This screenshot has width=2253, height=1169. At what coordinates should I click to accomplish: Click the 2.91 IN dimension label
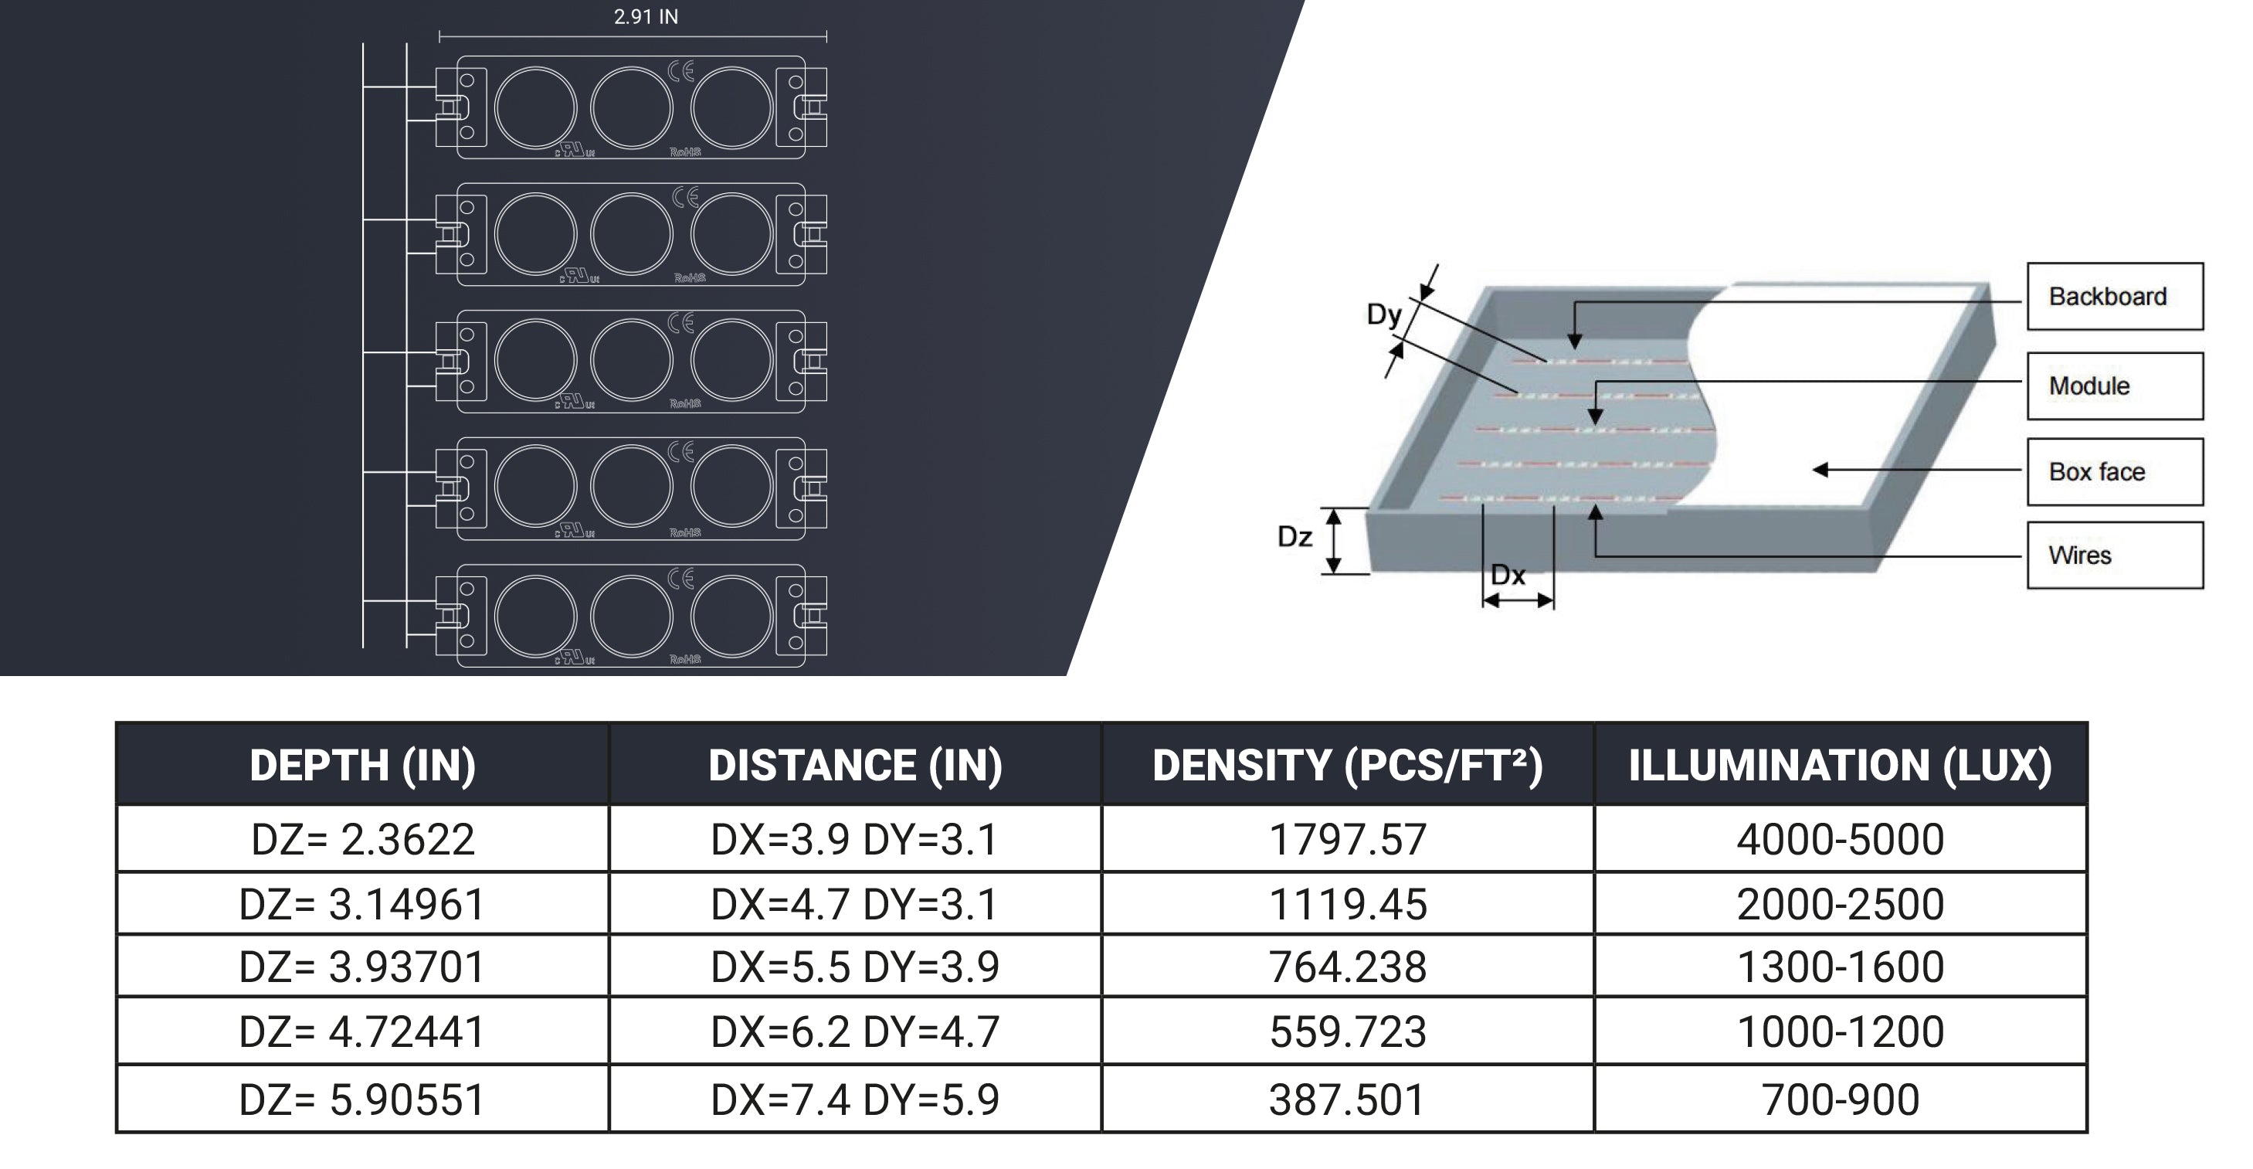point(646,17)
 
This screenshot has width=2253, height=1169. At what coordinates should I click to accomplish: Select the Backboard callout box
point(2115,296)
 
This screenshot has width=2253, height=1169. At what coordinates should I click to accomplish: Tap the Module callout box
point(2115,386)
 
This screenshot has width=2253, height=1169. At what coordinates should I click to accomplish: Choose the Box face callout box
point(2115,471)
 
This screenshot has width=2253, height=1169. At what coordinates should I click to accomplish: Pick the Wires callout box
point(2115,555)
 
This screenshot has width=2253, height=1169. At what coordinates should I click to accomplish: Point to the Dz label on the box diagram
point(1294,536)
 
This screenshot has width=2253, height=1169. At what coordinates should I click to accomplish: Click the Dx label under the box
point(1508,575)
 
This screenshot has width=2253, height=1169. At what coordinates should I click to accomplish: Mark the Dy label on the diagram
point(1385,315)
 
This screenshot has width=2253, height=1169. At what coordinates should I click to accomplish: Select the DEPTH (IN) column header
point(363,765)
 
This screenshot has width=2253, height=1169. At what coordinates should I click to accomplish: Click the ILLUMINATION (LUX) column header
point(1841,765)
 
